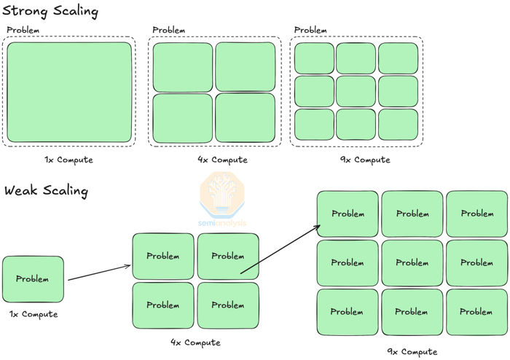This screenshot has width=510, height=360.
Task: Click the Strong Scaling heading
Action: (51, 12)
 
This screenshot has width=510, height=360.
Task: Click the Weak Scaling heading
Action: (46, 191)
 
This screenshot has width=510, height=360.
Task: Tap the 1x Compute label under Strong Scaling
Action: (69, 160)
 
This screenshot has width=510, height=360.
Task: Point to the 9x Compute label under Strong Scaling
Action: (356, 160)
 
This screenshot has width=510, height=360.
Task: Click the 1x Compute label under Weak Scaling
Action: (33, 314)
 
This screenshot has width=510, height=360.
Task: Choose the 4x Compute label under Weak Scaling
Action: (195, 343)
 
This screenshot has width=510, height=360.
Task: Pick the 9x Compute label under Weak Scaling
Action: (413, 351)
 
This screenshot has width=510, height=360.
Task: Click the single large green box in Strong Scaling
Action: (69, 93)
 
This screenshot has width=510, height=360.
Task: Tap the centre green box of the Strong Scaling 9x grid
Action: (356, 91)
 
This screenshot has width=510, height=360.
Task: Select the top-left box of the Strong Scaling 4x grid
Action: (182, 66)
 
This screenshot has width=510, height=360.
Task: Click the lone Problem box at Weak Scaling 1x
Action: (33, 279)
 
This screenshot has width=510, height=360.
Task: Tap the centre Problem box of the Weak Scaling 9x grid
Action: (413, 263)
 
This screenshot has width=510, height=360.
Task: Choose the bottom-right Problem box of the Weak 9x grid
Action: (477, 312)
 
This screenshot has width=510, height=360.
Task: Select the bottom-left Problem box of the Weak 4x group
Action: (163, 305)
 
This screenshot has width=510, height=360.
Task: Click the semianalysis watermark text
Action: (224, 223)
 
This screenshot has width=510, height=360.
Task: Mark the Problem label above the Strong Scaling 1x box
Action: (23, 30)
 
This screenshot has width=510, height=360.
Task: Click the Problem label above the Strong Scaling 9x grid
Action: (310, 30)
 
